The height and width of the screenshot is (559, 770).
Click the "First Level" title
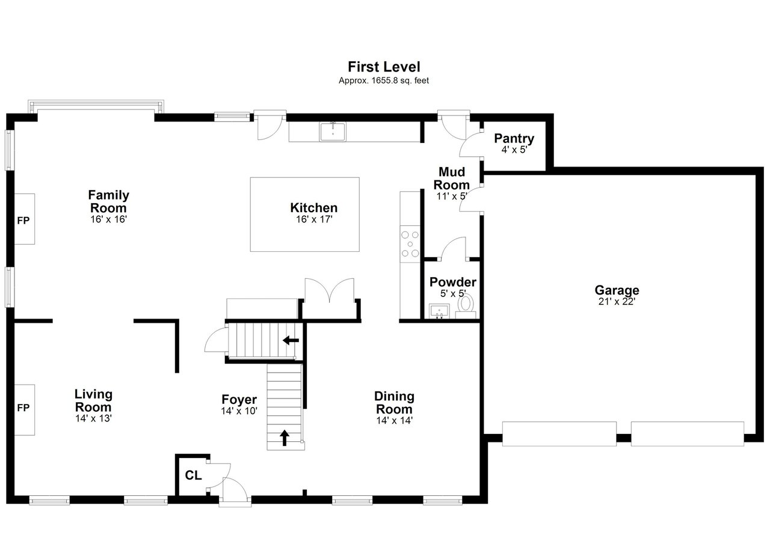384,67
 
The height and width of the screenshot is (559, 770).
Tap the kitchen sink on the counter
333,132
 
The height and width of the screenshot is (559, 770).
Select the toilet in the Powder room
466,307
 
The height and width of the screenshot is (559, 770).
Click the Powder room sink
439,311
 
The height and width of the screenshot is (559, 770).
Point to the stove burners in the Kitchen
410,244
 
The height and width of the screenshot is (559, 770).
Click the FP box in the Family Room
24,219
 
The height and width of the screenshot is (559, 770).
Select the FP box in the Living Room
24,410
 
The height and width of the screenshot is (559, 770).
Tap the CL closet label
193,475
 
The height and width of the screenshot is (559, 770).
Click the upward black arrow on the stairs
284,438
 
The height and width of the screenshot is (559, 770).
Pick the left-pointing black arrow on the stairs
291,341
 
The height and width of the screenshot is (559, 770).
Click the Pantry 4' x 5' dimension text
514,150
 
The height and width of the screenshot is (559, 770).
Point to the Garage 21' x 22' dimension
617,302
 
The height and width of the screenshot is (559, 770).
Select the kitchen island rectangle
304,214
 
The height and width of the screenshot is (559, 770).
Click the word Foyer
239,399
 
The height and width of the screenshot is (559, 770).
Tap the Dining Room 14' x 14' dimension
394,420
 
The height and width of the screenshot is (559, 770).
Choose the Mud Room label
451,178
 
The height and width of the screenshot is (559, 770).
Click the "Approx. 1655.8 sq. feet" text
384,81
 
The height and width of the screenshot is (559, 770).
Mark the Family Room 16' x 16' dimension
109,219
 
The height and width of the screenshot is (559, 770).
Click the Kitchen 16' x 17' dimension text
314,219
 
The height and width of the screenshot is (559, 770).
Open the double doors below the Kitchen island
329,290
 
